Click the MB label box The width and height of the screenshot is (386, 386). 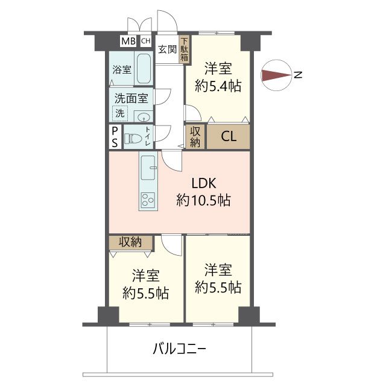[128, 41]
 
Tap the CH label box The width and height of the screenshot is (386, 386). [146, 41]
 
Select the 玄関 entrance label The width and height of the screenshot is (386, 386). [168, 50]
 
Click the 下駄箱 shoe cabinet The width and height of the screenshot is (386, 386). [184, 49]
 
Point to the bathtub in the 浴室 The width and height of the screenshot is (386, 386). [143, 69]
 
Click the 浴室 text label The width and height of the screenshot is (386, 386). [121, 69]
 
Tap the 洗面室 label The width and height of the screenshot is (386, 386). [131, 97]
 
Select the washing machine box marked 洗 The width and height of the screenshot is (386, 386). [121, 113]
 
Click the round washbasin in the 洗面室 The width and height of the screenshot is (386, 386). [144, 117]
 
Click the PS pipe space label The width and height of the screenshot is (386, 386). [115, 138]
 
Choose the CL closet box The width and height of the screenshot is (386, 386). [229, 136]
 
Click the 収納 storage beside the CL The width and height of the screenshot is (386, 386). [195, 137]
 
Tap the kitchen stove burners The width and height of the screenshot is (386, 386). [147, 200]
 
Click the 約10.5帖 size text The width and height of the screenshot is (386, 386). [203, 201]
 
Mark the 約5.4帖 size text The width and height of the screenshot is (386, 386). [218, 86]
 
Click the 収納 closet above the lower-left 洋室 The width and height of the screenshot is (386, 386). [130, 242]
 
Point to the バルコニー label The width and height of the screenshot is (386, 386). [179, 348]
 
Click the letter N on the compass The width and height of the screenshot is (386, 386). [297, 75]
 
